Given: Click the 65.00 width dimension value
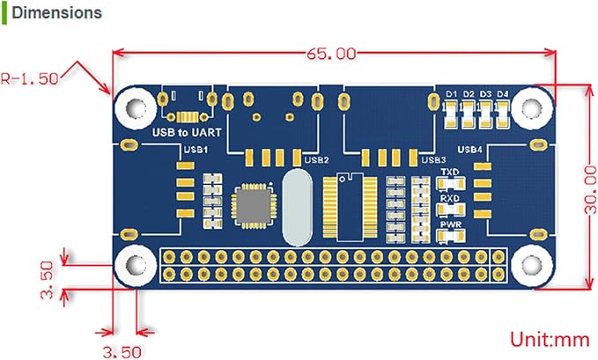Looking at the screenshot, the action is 331,54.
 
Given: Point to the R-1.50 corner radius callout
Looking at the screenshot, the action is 30,78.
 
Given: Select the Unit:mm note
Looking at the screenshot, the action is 550,339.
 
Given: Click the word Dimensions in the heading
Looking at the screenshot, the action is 57,12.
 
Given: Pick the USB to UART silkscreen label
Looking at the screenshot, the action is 187,132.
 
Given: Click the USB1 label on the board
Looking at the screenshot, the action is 196,149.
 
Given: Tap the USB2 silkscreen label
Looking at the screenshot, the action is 316,160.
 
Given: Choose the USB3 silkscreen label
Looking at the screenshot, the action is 433,160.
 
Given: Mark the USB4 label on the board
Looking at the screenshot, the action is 469,150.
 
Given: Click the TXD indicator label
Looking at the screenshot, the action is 450,172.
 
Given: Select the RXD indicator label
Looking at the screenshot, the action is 450,198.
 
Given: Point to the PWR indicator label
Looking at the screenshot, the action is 450,224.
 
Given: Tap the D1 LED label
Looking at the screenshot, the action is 452,94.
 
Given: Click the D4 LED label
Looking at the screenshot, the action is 503,94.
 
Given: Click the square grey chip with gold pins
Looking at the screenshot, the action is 254,205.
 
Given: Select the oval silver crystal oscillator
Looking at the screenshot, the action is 297,207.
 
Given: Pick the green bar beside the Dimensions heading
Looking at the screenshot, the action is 4,13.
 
